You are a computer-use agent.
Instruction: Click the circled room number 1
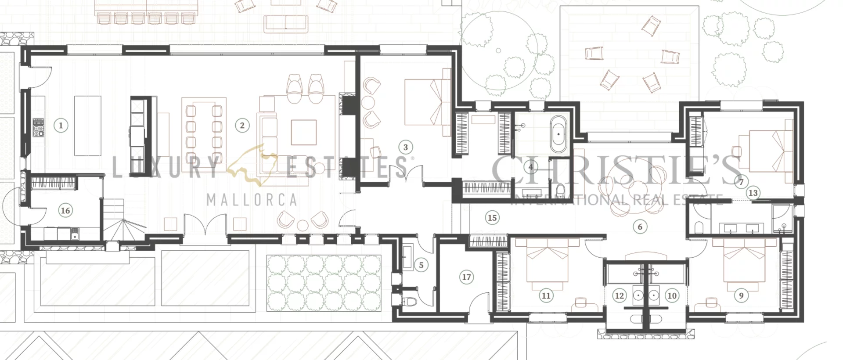click(61, 126)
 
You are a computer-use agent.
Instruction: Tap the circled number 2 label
click(242, 126)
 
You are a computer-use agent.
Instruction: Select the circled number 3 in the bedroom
click(405, 148)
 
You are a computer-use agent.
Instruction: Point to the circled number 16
click(65, 210)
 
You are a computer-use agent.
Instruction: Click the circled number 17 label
click(466, 277)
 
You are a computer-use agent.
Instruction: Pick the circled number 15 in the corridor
click(492, 217)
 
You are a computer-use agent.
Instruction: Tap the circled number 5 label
click(421, 265)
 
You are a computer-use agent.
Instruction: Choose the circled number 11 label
click(546, 295)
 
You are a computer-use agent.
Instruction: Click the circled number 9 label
click(741, 295)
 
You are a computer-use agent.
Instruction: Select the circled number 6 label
click(640, 227)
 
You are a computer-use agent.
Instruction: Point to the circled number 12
click(619, 295)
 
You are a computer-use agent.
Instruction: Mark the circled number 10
click(672, 295)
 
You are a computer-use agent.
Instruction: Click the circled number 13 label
click(753, 193)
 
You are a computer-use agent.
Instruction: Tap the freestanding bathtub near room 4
click(558, 134)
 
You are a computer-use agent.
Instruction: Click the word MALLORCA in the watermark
click(252, 200)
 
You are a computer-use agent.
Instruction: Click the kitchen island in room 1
click(88, 126)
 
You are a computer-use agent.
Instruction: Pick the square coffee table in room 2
click(303, 132)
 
